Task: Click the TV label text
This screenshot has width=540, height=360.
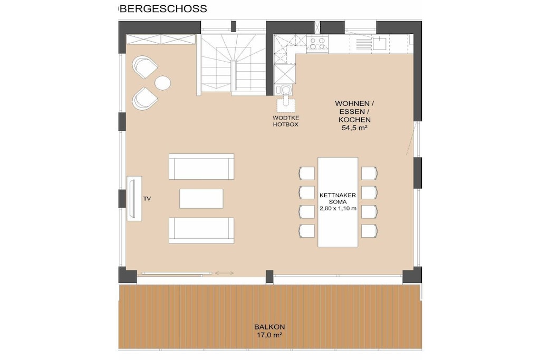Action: (x=147, y=199)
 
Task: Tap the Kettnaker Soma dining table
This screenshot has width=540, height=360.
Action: (x=337, y=202)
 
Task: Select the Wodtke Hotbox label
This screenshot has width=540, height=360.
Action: (x=285, y=121)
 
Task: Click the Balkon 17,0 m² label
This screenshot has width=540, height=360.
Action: (x=269, y=330)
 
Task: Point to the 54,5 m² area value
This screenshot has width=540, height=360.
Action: (x=354, y=128)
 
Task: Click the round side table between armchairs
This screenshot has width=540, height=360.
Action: (x=162, y=83)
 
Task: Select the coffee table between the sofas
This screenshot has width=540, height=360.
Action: (x=201, y=198)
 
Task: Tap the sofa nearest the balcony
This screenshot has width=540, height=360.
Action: (x=201, y=230)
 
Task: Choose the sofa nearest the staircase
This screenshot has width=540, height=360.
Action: (x=201, y=167)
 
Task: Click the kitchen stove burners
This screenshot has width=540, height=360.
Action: (x=317, y=44)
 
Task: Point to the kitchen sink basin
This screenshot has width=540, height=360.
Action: (x=379, y=44)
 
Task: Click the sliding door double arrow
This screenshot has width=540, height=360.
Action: (x=224, y=273)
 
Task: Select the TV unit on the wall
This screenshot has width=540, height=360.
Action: (x=134, y=199)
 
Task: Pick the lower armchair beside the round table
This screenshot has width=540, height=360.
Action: (x=144, y=99)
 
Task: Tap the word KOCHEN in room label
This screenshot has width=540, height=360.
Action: (x=354, y=120)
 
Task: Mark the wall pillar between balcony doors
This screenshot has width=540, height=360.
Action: (x=269, y=276)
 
